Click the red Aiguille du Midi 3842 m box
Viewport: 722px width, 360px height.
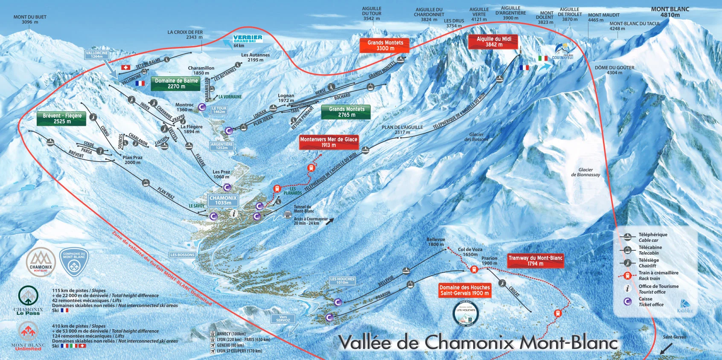point(494,42)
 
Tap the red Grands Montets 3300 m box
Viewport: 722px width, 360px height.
point(384,45)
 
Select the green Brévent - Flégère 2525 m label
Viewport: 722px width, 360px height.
point(62,119)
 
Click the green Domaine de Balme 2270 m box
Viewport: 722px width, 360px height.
point(176,83)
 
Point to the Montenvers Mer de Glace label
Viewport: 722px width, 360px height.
point(328,142)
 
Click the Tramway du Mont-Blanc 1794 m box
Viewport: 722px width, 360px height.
point(535,261)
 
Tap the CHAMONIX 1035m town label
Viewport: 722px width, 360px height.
point(223,200)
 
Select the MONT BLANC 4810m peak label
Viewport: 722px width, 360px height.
point(670,12)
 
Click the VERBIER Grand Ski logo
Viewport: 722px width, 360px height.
point(247,39)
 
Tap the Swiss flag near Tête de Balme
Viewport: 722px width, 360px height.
point(125,67)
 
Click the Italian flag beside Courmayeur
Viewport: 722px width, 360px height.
point(542,58)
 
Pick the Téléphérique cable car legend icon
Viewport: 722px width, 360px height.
point(627,237)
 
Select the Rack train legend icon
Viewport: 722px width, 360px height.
point(627,276)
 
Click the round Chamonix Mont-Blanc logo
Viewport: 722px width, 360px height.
point(41,262)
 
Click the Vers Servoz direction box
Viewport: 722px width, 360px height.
point(283,319)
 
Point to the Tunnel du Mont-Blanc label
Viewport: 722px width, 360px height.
point(303,209)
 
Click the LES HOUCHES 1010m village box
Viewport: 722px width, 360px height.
point(342,280)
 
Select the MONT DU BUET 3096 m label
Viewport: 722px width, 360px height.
point(29,19)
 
